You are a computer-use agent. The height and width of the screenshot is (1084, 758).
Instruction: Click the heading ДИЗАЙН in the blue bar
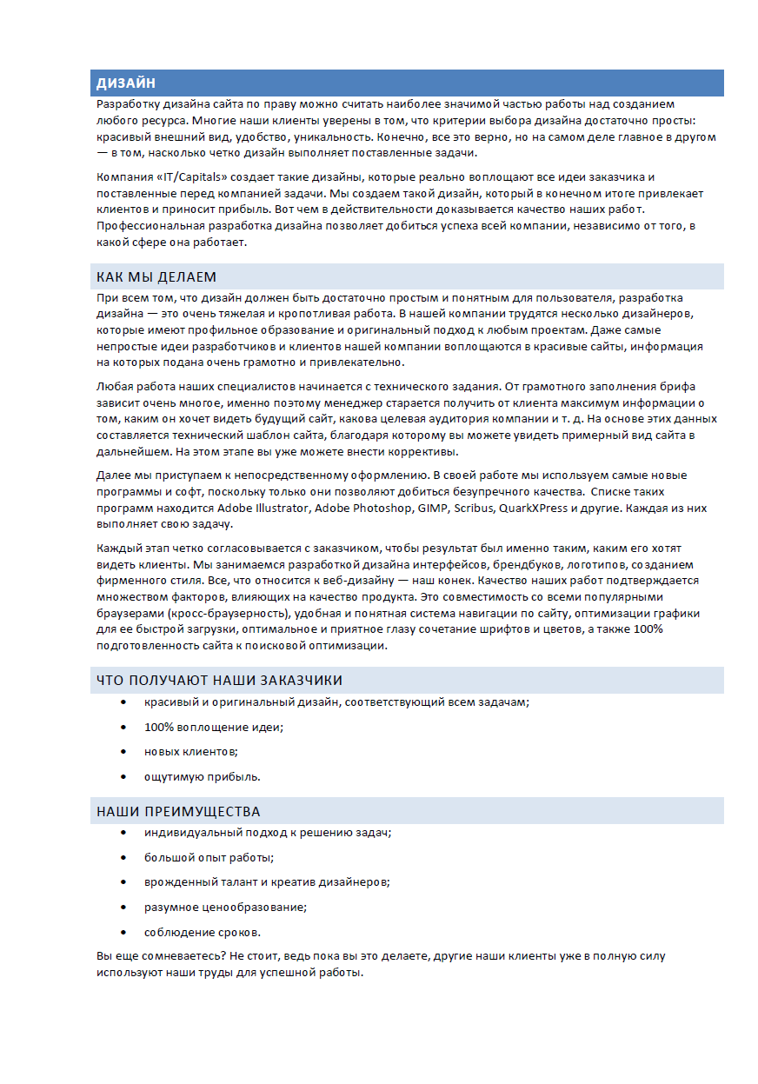(126, 83)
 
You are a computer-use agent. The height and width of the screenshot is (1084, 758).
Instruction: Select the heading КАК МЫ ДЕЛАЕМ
(156, 276)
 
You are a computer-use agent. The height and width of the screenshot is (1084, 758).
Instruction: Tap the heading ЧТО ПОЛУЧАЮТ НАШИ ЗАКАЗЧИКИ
(219, 680)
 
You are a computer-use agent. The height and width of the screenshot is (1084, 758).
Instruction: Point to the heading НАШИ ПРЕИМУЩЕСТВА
(178, 812)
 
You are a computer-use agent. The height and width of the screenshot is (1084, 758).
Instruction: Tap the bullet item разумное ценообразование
(225, 908)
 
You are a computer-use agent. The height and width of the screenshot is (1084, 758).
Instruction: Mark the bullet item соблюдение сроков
(202, 932)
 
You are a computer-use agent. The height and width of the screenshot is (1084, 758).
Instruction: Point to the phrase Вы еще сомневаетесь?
(161, 955)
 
